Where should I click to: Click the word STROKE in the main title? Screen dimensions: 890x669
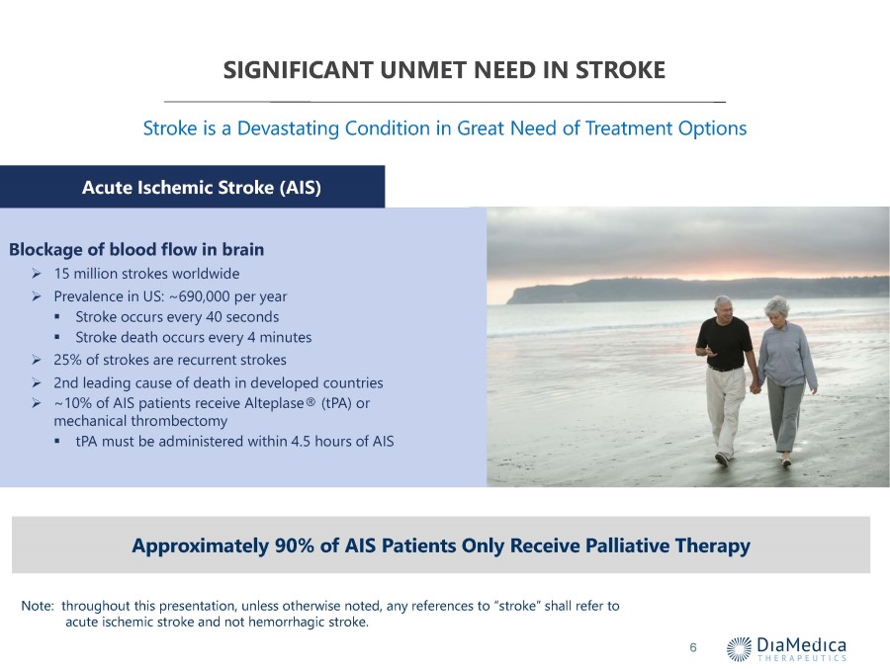click(620, 70)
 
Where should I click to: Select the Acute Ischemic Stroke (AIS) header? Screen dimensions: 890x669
click(202, 187)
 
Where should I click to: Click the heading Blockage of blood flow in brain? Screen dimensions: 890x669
click(136, 249)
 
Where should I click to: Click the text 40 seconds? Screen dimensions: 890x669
click(242, 316)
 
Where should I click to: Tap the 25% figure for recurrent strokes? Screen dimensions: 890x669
click(67, 360)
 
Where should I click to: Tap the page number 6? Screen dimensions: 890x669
click(693, 647)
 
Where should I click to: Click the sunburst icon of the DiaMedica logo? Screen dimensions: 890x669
click(739, 648)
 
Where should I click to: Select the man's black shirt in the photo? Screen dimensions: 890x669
click(724, 343)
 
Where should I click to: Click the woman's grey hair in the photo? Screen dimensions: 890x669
click(777, 307)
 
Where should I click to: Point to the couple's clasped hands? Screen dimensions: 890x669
click(756, 388)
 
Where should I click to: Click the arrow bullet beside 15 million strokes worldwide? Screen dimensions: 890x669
click(37, 274)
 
